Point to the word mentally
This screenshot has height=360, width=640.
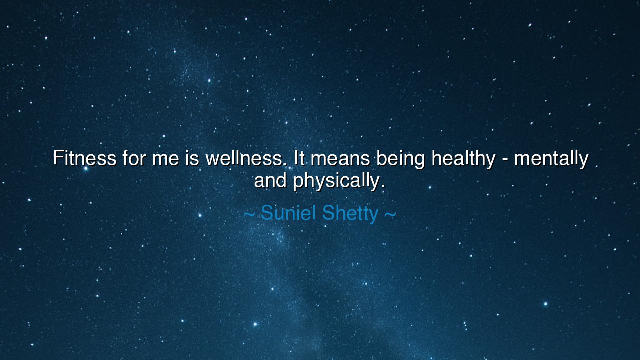[551, 159]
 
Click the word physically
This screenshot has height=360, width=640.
[338, 181]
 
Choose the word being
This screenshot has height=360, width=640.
[400, 159]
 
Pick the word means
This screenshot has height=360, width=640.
[341, 159]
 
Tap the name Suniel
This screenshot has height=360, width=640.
[288, 213]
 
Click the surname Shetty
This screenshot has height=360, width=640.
[350, 213]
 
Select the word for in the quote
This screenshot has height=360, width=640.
[133, 158]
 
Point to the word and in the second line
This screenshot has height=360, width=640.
[270, 180]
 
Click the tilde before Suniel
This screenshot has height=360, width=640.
[249, 214]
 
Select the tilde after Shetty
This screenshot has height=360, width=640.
[390, 214]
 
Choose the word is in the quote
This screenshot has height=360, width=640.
[193, 158]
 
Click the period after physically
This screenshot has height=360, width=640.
[383, 186]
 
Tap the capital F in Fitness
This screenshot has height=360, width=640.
[58, 158]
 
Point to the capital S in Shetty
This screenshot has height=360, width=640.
[328, 213]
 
